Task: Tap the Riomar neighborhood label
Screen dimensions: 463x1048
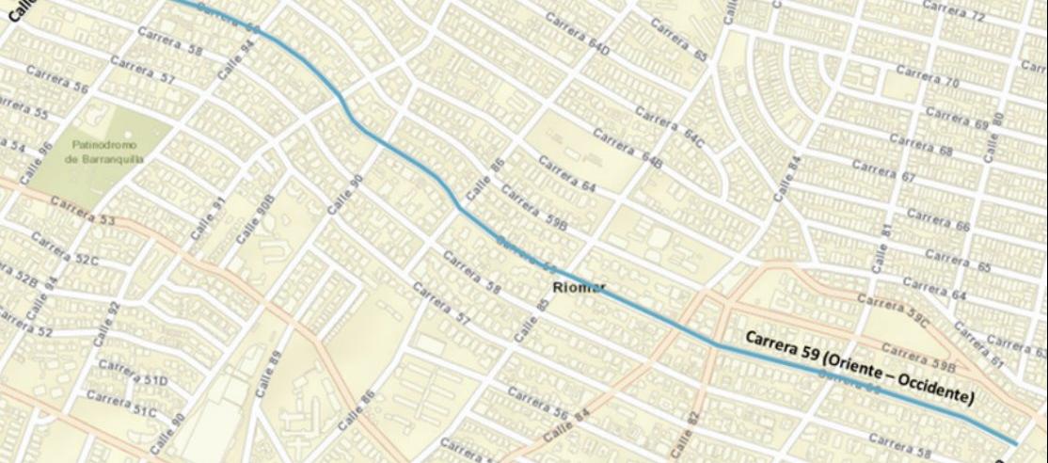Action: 580,287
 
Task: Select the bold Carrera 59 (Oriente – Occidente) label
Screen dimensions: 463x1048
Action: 859,366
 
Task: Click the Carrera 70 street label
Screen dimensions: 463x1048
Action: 927,76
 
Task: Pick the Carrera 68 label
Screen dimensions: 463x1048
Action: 921,145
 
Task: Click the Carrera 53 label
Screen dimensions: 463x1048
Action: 81,210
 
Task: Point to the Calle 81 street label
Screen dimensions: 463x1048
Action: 881,247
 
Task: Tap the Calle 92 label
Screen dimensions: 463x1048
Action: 107,324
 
